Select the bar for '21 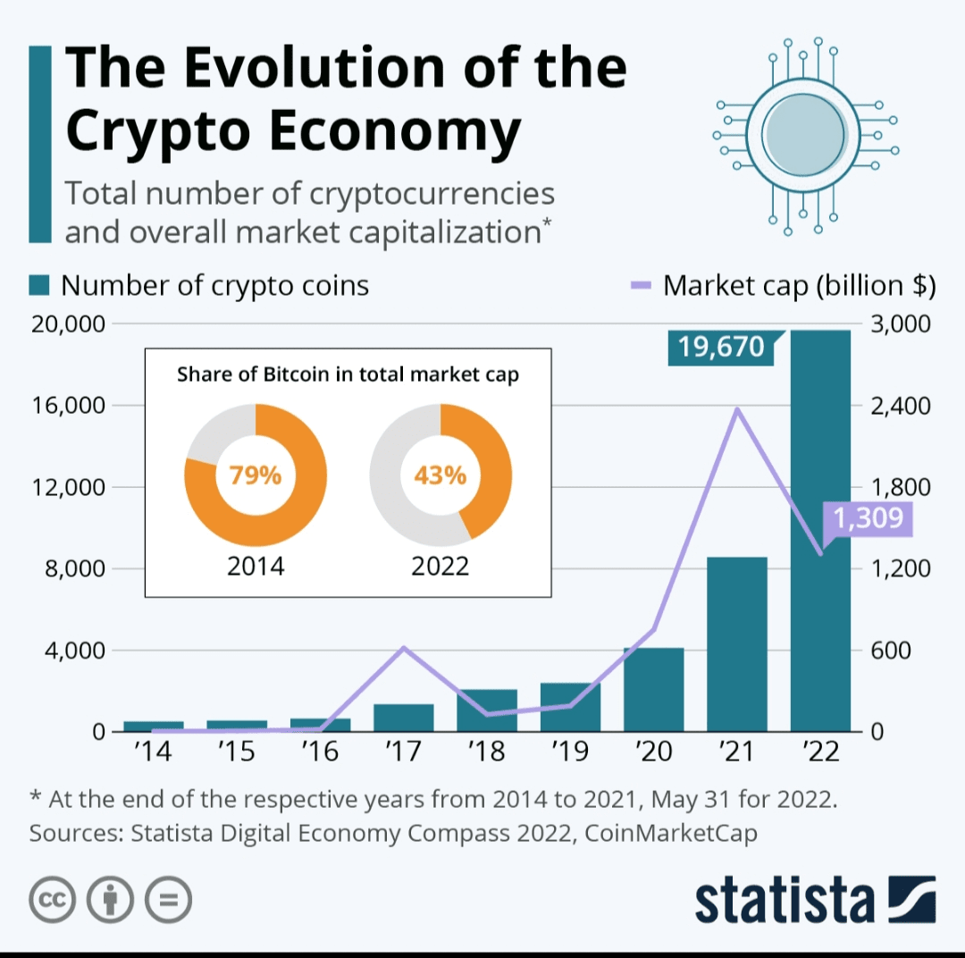tap(737, 643)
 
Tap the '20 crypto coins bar tap(653, 689)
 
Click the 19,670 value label tap(721, 346)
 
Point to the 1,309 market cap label tap(868, 517)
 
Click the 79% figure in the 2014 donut tap(255, 475)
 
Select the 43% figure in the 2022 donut tap(440, 475)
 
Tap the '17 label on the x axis tap(403, 752)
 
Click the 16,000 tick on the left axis tap(68, 405)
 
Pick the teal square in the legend tap(38, 286)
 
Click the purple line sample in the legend tap(642, 286)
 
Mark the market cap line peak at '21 tap(737, 409)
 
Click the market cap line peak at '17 tap(403, 647)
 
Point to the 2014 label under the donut tap(255, 566)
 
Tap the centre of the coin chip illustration tap(805, 134)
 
